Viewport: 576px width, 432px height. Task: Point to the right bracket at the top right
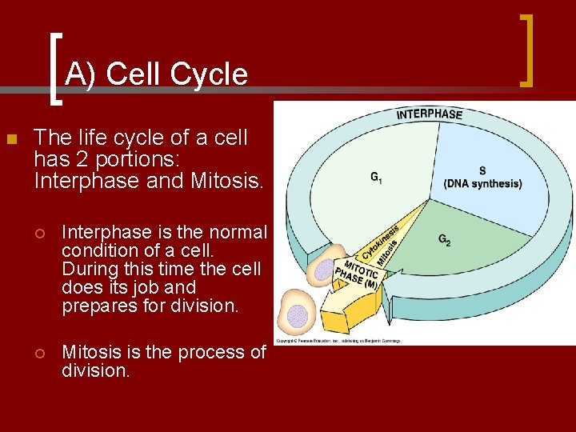coord(526,50)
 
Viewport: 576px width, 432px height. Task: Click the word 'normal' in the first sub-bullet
coord(238,232)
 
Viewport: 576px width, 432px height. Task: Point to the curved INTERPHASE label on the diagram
coord(430,114)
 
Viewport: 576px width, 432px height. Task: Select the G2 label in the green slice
coord(444,239)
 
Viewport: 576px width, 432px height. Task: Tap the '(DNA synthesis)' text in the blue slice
coord(482,184)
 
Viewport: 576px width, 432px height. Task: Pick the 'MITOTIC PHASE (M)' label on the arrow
coord(360,274)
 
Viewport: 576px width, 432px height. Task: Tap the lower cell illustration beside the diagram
coord(297,314)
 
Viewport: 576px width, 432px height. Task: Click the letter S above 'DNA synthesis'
coord(482,170)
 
